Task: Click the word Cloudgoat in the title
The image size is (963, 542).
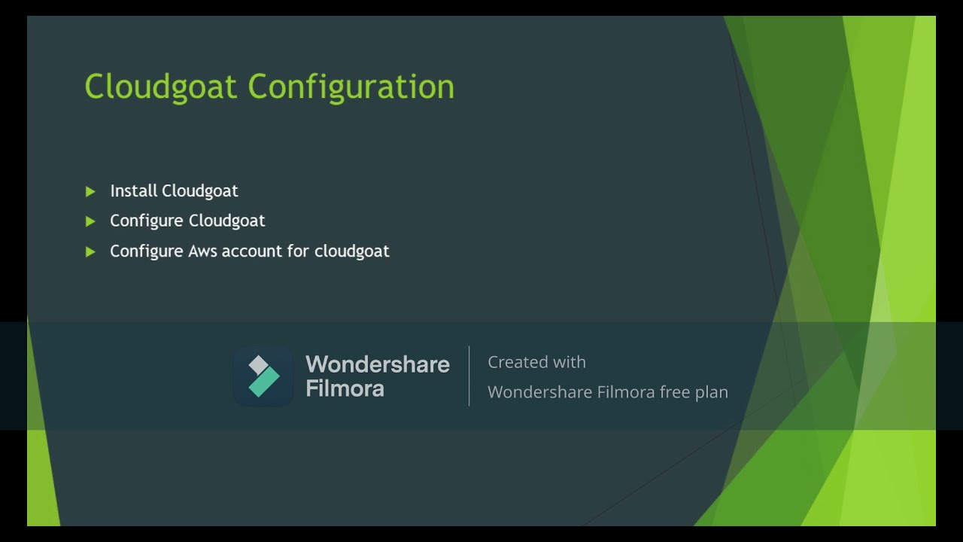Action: [x=161, y=87]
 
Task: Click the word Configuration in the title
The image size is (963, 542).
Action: [x=351, y=87]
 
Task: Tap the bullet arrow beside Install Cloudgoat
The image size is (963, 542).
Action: [x=90, y=192]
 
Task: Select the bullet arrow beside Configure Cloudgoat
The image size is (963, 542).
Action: [x=90, y=221]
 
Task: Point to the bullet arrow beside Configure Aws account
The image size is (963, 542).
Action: [x=90, y=251]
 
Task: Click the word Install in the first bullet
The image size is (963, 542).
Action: [x=133, y=190]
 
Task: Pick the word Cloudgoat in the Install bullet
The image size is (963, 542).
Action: [x=200, y=190]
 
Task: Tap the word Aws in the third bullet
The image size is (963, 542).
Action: [x=202, y=251]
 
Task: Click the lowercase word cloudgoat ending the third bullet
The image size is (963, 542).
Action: [x=351, y=251]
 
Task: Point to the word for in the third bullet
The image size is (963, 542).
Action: [x=298, y=251]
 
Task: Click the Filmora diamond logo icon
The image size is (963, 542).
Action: [x=263, y=376]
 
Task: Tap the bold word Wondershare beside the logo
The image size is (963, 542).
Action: [x=377, y=364]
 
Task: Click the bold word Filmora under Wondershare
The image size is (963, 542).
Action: [x=345, y=388]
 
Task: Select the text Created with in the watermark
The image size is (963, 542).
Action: [x=536, y=362]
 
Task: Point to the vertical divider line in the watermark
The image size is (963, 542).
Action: [x=469, y=376]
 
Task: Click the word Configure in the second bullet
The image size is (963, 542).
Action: [x=146, y=221]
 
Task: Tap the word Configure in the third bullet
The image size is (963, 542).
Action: [x=146, y=251]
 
